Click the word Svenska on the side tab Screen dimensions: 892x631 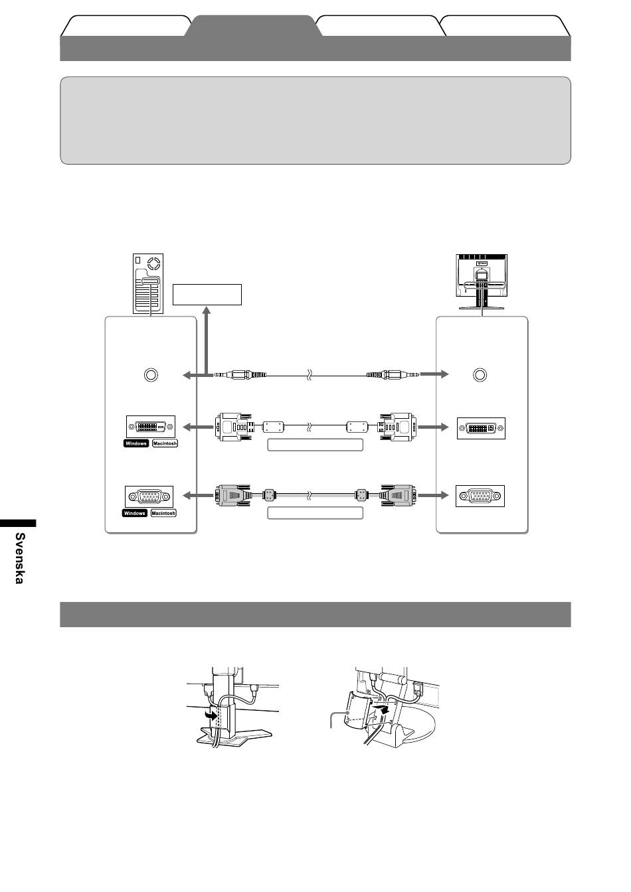pos(20,557)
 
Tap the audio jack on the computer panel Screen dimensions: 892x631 pos(151,375)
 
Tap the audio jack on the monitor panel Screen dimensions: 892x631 pos(480,375)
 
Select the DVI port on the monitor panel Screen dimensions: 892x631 pos(481,429)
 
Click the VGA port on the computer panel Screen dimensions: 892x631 pos(149,496)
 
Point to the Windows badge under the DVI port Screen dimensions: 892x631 pos(135,443)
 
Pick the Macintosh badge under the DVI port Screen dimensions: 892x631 pos(165,443)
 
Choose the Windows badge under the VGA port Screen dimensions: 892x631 pos(135,513)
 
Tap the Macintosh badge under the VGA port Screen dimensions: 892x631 pos(163,513)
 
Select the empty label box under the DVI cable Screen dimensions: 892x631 pos(315,445)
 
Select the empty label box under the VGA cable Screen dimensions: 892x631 pos(315,513)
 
